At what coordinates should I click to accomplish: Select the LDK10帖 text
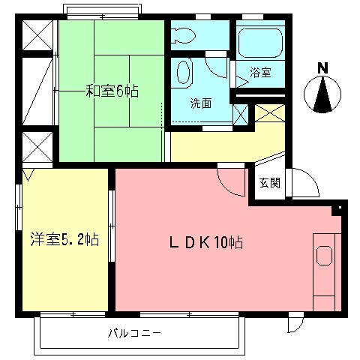(203, 242)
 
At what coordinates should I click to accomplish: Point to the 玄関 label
(270, 183)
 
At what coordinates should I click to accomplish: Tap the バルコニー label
(134, 332)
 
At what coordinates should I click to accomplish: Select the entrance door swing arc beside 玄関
(302, 182)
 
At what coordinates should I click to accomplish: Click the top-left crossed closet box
(37, 34)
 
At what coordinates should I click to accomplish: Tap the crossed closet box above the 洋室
(36, 146)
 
